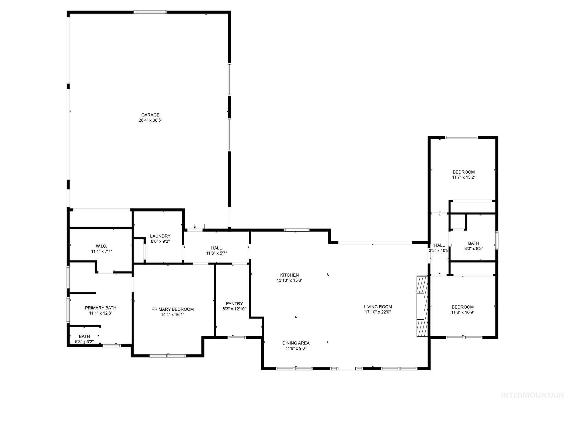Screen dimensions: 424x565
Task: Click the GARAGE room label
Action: point(150,115)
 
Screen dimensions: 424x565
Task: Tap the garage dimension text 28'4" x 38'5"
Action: point(150,120)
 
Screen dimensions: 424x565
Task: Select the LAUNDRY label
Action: point(160,236)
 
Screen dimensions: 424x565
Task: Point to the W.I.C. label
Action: point(102,246)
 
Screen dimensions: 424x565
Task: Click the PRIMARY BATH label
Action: point(101,308)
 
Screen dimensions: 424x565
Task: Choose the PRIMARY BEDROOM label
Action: point(173,309)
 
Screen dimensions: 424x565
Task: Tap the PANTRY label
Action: point(234,304)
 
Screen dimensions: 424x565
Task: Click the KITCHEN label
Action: point(289,275)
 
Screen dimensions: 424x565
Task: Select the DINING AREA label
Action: point(296,343)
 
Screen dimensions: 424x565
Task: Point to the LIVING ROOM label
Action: point(378,307)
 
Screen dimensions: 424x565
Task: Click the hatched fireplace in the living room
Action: point(422,306)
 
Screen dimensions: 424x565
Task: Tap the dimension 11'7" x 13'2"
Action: point(464,177)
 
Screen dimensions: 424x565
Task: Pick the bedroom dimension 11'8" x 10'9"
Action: point(463,312)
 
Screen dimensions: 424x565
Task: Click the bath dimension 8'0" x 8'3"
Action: point(474,248)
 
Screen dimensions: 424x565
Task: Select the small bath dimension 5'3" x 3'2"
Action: point(84,342)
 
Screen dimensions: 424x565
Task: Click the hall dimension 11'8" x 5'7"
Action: point(217,253)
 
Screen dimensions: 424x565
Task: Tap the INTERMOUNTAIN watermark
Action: point(532,396)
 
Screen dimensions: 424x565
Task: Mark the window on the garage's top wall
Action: point(150,12)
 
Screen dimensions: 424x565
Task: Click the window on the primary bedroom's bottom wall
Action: point(168,356)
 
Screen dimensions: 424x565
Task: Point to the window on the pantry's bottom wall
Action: point(236,337)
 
